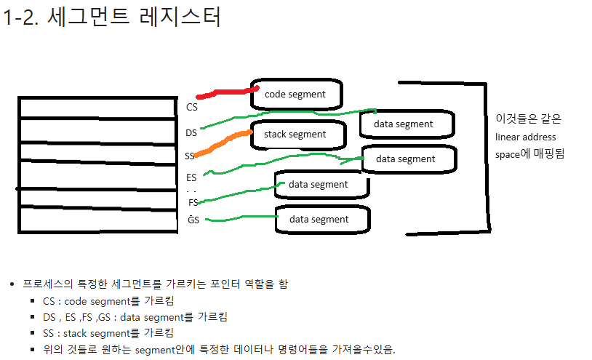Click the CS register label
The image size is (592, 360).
192,107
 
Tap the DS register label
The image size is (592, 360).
191,133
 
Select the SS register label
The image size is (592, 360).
189,156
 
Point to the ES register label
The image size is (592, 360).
191,177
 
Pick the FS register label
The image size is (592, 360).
193,202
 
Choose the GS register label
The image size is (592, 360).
193,220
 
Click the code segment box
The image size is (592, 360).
297,94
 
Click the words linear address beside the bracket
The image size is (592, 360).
525,137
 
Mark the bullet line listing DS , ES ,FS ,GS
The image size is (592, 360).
135,317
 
